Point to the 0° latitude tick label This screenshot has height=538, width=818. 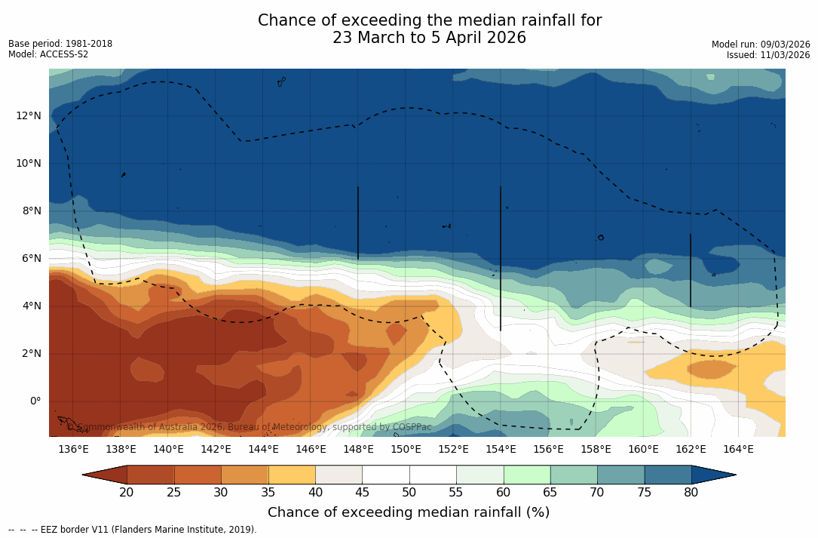tap(35, 401)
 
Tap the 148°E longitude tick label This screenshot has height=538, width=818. tap(358, 449)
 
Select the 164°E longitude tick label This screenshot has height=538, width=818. tap(738, 449)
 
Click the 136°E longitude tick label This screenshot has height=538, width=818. tap(73, 449)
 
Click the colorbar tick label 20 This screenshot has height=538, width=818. tap(127, 493)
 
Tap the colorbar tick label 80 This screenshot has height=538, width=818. tap(691, 493)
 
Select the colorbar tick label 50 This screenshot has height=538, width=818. tap(409, 493)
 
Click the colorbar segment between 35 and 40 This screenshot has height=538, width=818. tap(292, 475)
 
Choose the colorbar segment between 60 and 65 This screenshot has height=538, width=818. tap(527, 475)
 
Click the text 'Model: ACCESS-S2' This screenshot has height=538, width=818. tap(48, 54)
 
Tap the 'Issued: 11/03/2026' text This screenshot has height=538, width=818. tap(768, 55)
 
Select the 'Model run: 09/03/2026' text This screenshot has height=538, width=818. tap(761, 45)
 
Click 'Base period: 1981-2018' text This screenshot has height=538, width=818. tap(60, 44)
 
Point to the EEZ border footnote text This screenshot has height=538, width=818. tap(133, 530)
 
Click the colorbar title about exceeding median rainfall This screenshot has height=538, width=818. tap(409, 512)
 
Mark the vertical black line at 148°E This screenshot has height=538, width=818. tap(357, 223)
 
